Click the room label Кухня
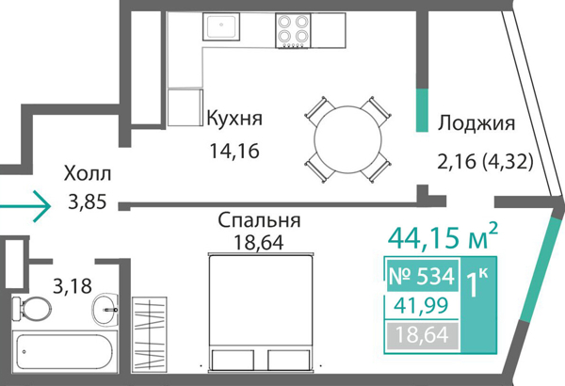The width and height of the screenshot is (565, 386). pyautogui.click(x=234, y=119)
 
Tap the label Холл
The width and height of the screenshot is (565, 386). pyautogui.click(x=88, y=174)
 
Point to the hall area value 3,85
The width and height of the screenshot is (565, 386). pyautogui.click(x=88, y=201)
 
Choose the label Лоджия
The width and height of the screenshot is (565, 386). pyautogui.click(x=476, y=123)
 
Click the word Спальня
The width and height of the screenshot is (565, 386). pyautogui.click(x=259, y=221)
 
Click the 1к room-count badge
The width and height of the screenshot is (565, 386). pyautogui.click(x=476, y=282)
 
